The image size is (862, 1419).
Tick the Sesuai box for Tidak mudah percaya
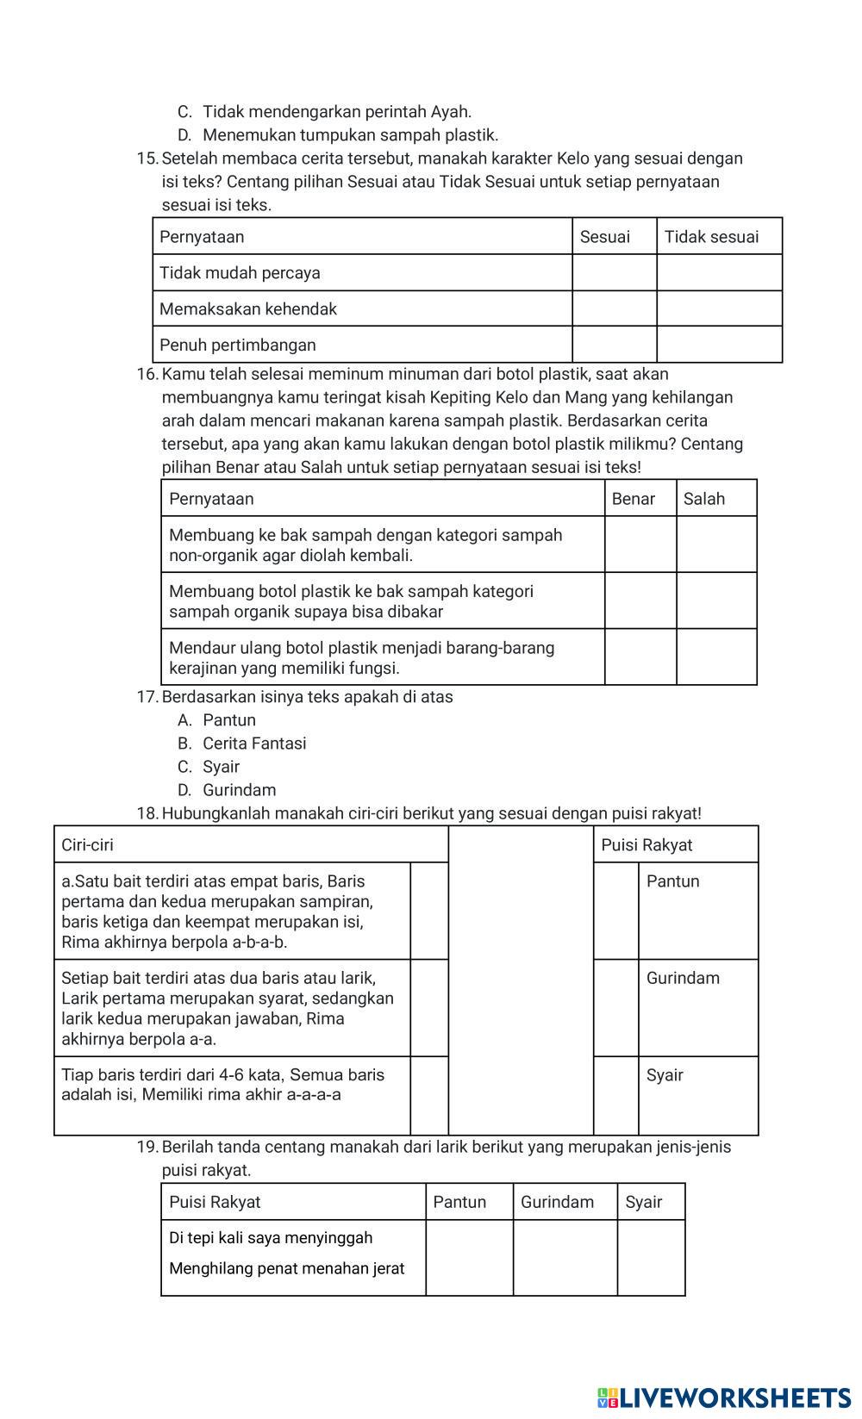pos(614,273)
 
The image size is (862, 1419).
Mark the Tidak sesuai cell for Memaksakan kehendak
pos(719,308)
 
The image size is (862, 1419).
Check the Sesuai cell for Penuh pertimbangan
pos(614,345)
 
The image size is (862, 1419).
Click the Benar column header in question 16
pos(634,499)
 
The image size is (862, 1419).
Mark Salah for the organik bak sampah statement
pos(716,601)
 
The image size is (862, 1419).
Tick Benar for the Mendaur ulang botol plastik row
pos(640,657)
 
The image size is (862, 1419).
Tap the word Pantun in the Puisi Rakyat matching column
pos(672,881)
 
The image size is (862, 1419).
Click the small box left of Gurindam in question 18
pos(615,1008)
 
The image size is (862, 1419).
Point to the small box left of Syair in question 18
pos(615,1096)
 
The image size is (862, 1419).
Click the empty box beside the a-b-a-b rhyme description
pos(428,911)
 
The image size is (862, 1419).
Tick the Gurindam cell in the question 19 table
pos(565,1258)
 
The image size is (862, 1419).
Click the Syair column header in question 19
pos(644,1202)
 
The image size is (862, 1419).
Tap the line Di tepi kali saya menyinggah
pos(271,1238)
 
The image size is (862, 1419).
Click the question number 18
pos(147,813)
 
